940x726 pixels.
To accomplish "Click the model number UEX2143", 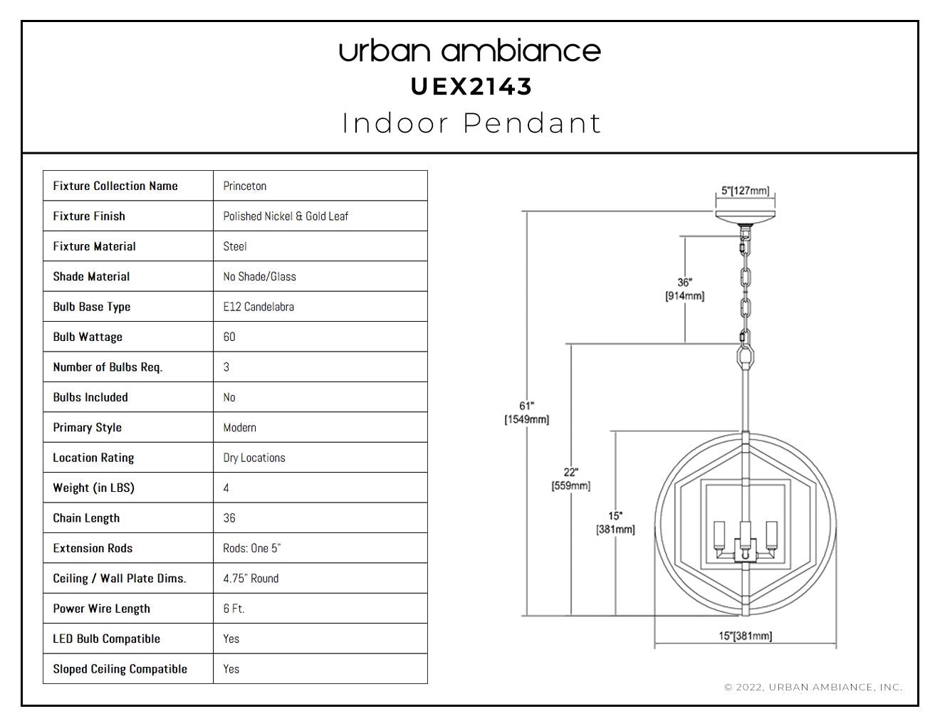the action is tap(471, 87).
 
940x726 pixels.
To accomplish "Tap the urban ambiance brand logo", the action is tap(470, 51).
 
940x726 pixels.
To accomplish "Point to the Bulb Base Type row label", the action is tap(91, 307).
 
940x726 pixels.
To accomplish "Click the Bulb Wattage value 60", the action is tap(229, 337).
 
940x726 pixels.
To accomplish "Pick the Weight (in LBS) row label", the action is tap(93, 488).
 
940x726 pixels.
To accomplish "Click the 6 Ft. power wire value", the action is tap(234, 609).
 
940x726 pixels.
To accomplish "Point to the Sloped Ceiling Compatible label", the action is tap(120, 669).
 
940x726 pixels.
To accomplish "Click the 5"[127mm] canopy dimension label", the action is tap(745, 191).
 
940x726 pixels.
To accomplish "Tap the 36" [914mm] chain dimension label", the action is tap(685, 289).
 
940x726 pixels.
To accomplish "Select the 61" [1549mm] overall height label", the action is tap(526, 413).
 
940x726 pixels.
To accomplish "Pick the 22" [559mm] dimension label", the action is tap(570, 479).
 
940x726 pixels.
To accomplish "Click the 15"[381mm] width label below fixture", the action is tap(746, 636).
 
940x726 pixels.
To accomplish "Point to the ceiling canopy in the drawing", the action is tap(745, 216).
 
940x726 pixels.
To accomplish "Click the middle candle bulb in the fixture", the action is tap(745, 536).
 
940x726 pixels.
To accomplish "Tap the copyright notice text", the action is tap(813, 687).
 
